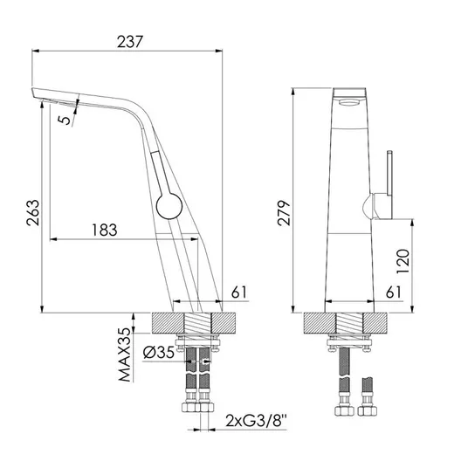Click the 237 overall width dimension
pyautogui.click(x=130, y=42)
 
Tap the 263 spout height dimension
pyautogui.click(x=33, y=212)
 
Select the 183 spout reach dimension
pyautogui.click(x=105, y=230)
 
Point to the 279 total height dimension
pyautogui.click(x=284, y=213)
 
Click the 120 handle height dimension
pyautogui.click(x=403, y=261)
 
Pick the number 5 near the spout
pyautogui.click(x=65, y=120)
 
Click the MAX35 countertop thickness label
pyautogui.click(x=125, y=354)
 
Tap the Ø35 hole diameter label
pyautogui.click(x=159, y=352)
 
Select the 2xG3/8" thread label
pyautogui.click(x=256, y=421)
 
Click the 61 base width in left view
pyautogui.click(x=239, y=292)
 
